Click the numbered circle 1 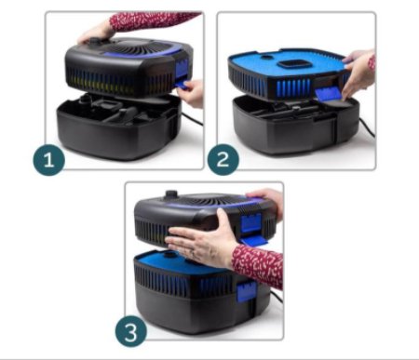(49, 160)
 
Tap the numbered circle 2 (223, 160)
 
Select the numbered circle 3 (131, 331)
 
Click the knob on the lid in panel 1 (94, 41)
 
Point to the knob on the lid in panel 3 (171, 194)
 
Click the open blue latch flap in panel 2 (329, 94)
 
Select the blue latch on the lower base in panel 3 (247, 292)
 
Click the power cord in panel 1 (192, 119)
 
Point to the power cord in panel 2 (367, 127)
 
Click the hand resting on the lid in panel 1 (94, 33)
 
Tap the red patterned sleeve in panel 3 (258, 266)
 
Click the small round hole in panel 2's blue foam (265, 58)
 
